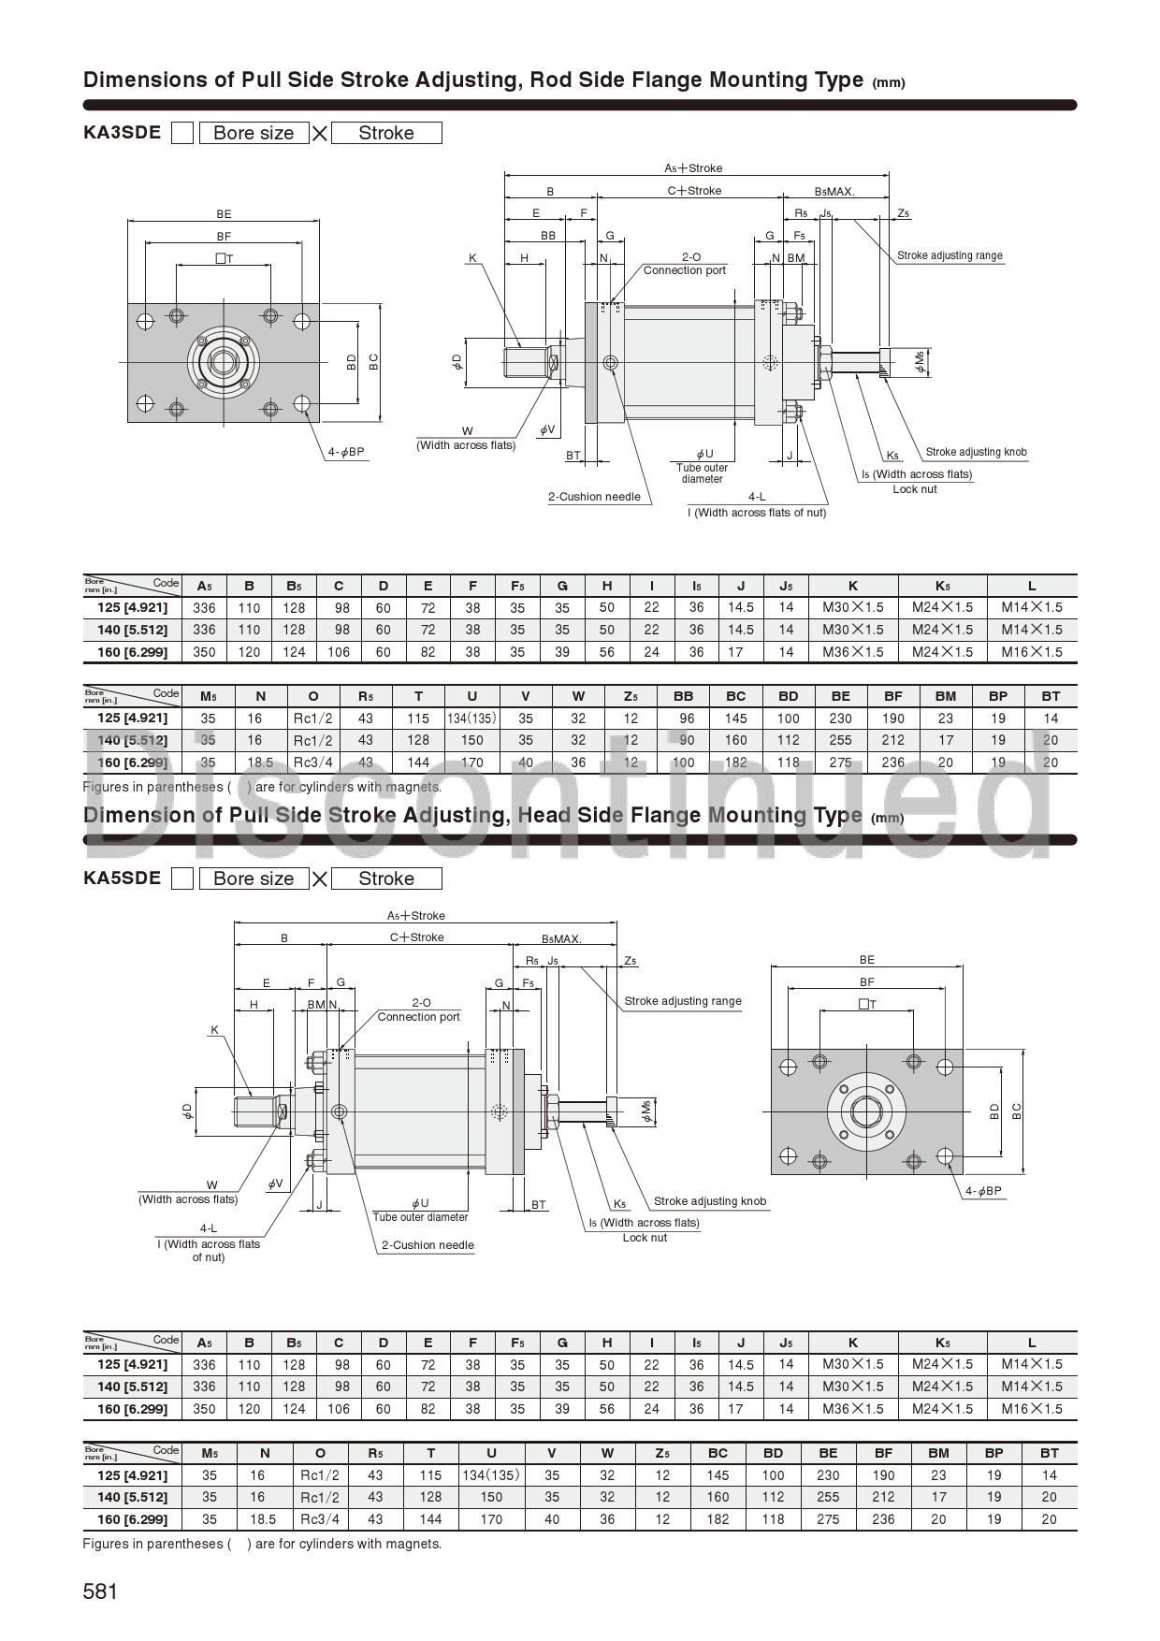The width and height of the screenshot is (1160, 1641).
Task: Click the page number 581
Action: pos(100,1591)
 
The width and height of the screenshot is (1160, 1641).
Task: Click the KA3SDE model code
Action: pos(122,132)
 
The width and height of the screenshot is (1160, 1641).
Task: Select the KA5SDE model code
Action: pos(122,878)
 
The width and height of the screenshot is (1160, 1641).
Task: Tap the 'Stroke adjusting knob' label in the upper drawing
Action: pos(976,452)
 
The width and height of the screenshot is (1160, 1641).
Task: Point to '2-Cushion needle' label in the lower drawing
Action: pos(428,1245)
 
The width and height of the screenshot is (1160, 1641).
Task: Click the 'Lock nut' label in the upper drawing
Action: pos(914,489)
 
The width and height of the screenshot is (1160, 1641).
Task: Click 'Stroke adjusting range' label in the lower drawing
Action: pos(682,1001)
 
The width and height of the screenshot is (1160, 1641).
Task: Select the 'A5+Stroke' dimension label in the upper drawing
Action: pos(693,168)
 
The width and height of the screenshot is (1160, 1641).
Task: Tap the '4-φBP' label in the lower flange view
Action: pos(983,1191)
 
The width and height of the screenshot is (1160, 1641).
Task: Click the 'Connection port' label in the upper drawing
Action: pos(684,270)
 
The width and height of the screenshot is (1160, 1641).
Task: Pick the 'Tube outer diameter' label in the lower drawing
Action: pos(420,1217)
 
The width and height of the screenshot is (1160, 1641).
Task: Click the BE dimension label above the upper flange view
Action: pos(224,214)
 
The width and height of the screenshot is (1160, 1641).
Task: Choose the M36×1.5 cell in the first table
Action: pos(852,652)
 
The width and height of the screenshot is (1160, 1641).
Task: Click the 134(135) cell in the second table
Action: pos(471,719)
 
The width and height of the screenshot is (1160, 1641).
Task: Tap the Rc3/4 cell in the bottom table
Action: pos(320,1519)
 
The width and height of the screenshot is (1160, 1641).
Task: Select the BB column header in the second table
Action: pos(683,696)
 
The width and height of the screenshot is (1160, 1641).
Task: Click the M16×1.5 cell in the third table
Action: pos(1031,1409)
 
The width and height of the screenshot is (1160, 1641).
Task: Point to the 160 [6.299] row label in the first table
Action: pos(132,652)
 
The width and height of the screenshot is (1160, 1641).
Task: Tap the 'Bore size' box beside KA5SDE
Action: pos(254,879)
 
